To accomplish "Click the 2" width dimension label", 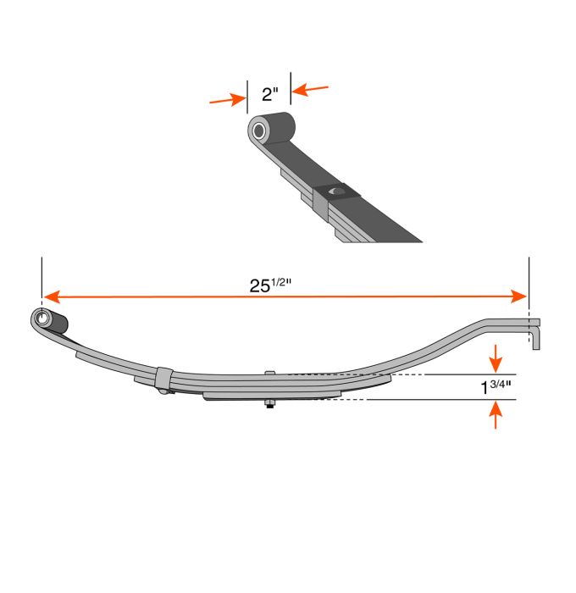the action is tap(269, 94).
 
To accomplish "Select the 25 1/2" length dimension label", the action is tap(270, 285).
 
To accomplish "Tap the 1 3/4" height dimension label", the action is tap(496, 386).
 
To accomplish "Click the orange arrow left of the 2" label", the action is tap(228, 100).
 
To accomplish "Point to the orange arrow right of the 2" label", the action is tap(310, 90).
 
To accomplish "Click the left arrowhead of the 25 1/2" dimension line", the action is tap(52, 296).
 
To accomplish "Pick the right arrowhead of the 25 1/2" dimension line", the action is tap(518, 296).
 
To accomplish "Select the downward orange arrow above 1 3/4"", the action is tap(496, 358).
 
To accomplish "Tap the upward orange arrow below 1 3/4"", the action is tap(496, 415).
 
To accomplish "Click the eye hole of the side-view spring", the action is tap(42, 319).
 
